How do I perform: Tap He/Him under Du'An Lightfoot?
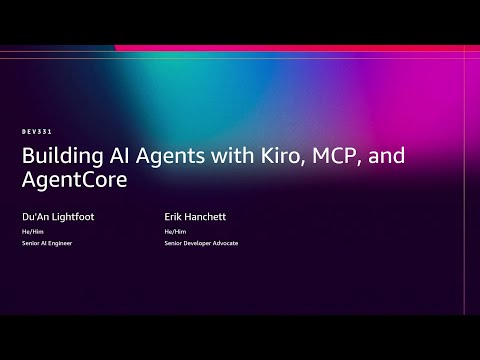tap(30, 231)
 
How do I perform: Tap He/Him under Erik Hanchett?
tap(172, 231)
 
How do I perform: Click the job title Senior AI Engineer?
tap(47, 243)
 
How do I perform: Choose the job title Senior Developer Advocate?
tap(201, 243)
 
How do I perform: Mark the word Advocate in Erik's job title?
tap(224, 243)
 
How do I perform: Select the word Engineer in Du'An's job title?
tap(60, 243)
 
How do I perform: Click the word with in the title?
tap(205, 158)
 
